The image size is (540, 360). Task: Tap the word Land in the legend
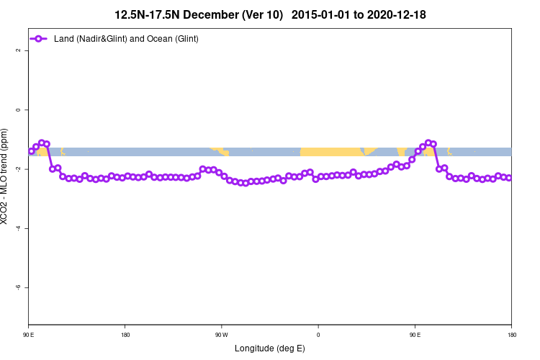pos(64,38)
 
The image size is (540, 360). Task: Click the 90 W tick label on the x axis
pos(221,334)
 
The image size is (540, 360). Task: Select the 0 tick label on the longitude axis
pos(318,334)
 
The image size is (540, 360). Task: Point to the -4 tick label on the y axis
pos(17,228)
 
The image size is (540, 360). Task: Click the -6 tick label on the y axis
pos(17,287)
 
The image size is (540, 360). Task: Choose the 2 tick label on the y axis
pos(17,50)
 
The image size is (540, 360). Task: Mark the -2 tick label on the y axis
pos(17,169)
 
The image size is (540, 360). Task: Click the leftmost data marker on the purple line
pos(31,151)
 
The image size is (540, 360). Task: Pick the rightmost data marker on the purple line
pos(509,178)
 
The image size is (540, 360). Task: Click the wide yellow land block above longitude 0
pos(331,151)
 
